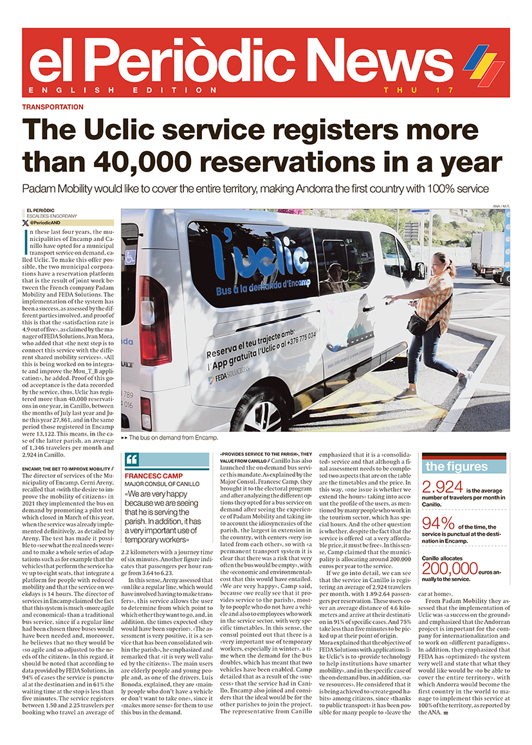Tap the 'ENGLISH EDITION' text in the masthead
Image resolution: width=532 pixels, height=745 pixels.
click(x=113, y=90)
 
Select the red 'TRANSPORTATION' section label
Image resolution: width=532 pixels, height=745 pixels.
click(x=53, y=107)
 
